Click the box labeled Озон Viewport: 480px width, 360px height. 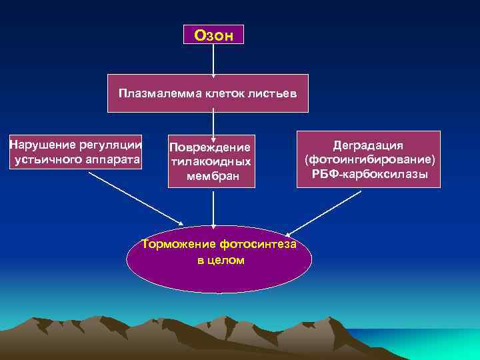coord(213,35)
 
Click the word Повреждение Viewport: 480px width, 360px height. coord(211,147)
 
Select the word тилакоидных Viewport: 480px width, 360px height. coord(211,161)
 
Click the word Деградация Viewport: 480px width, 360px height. coord(369,145)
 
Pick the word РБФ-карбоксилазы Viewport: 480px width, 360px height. coord(369,175)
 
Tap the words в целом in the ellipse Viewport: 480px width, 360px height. coord(221,260)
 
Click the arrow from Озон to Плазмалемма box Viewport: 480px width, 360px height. coord(213,59)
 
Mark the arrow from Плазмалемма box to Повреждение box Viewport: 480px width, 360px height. coord(213,124)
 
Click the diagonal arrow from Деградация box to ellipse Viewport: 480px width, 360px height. coord(323,213)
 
